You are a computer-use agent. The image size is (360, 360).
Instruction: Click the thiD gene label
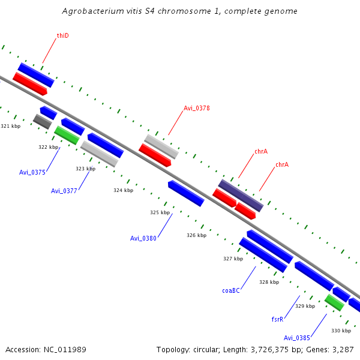point(62,36)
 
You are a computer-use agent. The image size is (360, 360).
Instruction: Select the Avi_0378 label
point(196,108)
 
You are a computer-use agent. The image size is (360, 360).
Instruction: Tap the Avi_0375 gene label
point(32,172)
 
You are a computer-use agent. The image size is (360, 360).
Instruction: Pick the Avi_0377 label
point(64,191)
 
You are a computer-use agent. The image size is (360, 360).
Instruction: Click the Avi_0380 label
point(143,238)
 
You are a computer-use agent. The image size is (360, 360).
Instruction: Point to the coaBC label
point(231,290)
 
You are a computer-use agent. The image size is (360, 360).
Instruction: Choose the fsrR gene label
point(277,319)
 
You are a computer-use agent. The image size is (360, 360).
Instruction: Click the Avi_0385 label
point(297,338)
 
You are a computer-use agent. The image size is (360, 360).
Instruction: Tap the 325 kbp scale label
point(160,212)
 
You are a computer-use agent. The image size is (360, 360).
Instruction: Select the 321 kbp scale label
point(11,126)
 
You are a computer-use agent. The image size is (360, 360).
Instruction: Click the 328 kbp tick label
point(269,281)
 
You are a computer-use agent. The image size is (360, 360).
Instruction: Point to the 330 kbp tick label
point(341,331)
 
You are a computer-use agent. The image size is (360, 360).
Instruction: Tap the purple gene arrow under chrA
point(241,195)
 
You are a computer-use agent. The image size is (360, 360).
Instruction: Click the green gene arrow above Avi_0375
point(67,135)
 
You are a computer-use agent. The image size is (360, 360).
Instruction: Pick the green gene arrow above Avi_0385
point(334,302)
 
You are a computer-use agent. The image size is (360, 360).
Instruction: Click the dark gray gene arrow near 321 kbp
point(42,121)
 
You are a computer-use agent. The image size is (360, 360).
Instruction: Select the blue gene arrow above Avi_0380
point(186,193)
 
